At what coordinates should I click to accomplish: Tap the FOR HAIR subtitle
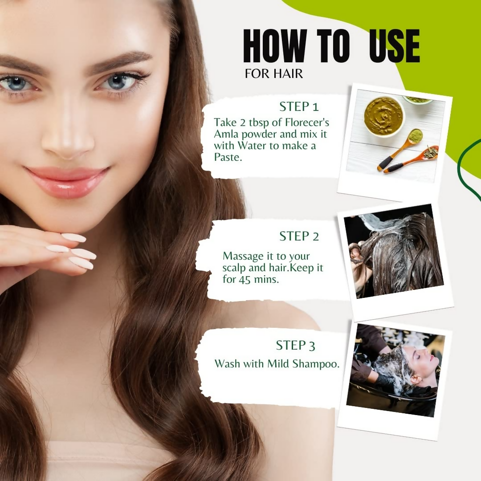coord(273,73)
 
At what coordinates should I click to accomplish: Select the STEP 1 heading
coord(299,107)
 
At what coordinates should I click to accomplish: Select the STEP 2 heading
coord(299,236)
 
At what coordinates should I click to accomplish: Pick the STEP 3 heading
coord(296,346)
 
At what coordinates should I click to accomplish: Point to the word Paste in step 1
coord(228,158)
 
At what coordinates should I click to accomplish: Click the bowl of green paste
coord(383,116)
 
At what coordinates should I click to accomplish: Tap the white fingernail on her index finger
coord(73,238)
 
